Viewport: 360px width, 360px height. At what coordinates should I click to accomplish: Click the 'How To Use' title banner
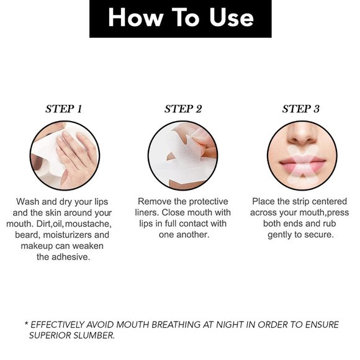[x=181, y=19]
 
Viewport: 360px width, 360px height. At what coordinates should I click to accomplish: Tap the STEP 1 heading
[x=63, y=109]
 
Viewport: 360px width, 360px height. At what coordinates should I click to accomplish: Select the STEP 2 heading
[x=183, y=109]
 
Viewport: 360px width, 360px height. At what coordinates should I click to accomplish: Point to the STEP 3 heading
[x=301, y=109]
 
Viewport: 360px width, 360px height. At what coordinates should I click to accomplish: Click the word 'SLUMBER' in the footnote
[x=94, y=336]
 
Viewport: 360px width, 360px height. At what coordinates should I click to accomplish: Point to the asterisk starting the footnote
[x=27, y=324]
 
